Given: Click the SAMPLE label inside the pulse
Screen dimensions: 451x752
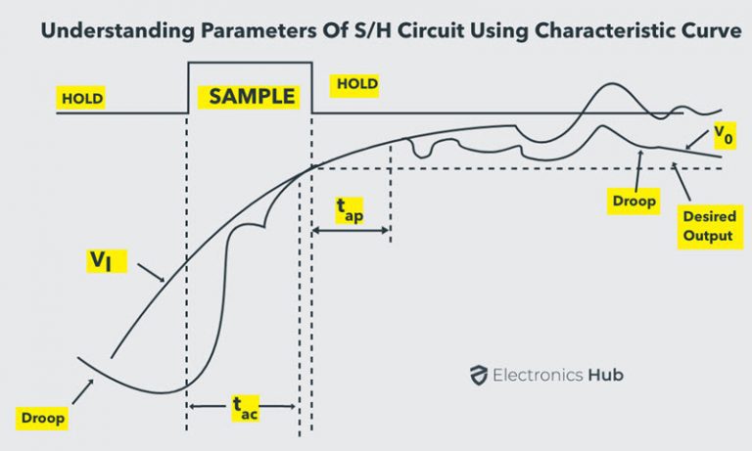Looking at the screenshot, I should pos(251,96).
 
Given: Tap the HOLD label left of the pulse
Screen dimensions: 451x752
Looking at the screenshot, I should pos(82,99).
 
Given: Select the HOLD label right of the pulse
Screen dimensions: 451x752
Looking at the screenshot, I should pos(356,84).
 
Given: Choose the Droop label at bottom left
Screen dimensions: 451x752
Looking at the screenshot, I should pos(42,418).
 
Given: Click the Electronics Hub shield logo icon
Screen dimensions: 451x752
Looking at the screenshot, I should pos(479,375).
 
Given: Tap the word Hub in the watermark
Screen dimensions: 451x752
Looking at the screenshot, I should pos(605,375).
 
